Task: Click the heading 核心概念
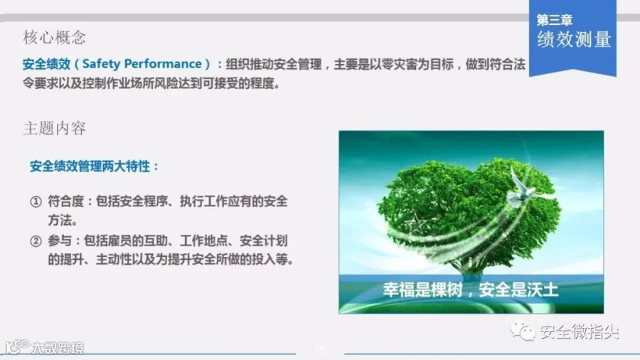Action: pos(54,38)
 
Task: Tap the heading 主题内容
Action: pos(54,128)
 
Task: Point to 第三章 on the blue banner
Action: pos(554,20)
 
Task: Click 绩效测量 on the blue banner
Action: pos(574,40)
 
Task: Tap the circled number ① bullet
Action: pos(36,201)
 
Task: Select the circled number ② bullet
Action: pos(36,241)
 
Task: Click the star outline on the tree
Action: pos(415,224)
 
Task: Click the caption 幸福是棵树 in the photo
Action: pos(422,290)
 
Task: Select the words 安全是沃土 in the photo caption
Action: pos(518,290)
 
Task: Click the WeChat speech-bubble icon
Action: pos(523,331)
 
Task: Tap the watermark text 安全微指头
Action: pos(580,332)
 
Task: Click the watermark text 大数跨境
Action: pos(58,348)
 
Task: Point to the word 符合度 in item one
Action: pos(65,201)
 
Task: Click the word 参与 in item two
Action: pos(60,240)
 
